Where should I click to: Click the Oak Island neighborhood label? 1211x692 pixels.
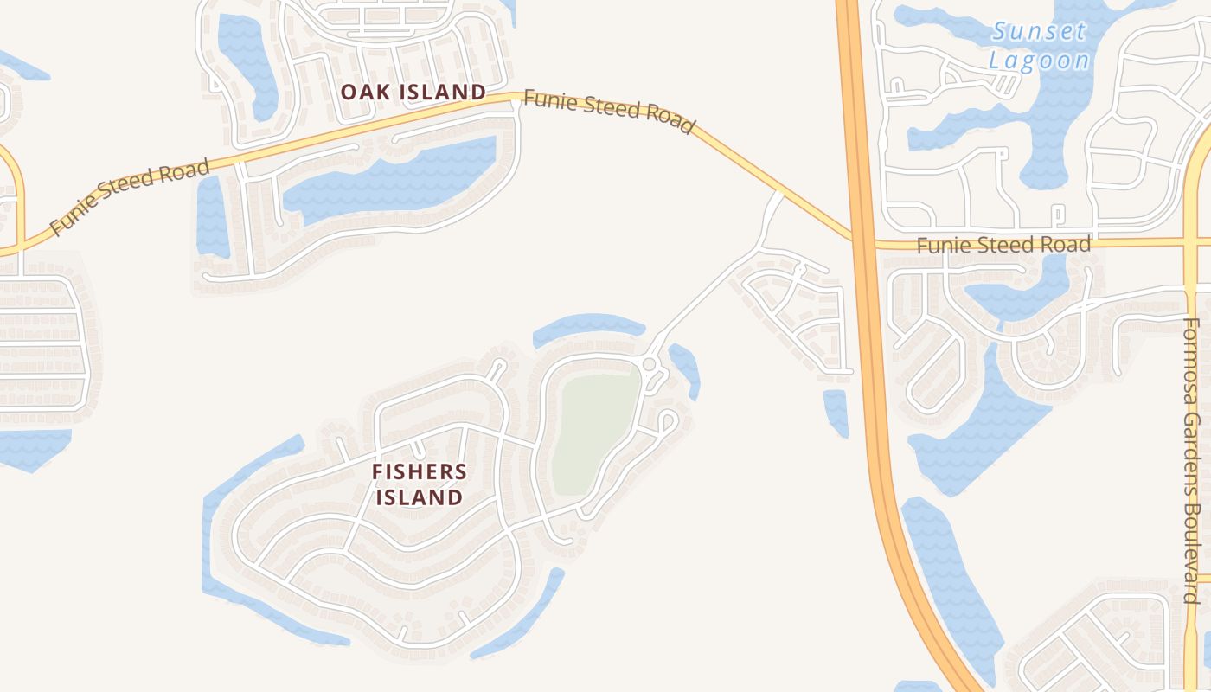413,92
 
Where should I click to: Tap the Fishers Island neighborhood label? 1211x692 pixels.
419,484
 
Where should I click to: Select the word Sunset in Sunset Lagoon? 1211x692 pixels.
1039,33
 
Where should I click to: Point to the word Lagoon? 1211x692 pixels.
1039,61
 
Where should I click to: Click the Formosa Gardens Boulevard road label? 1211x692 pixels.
1192,460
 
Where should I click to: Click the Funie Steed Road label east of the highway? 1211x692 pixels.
1003,246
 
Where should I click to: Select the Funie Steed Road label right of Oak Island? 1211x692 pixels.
609,112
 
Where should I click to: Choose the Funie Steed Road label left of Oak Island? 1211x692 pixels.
130,196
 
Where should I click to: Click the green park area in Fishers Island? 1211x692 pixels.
596,432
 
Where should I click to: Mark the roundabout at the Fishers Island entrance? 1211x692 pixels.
649,364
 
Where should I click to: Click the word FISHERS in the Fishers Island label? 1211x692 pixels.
419,471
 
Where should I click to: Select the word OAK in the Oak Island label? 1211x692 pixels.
361,92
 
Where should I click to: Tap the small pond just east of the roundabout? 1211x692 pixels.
686,368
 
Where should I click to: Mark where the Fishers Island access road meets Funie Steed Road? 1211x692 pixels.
778,192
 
